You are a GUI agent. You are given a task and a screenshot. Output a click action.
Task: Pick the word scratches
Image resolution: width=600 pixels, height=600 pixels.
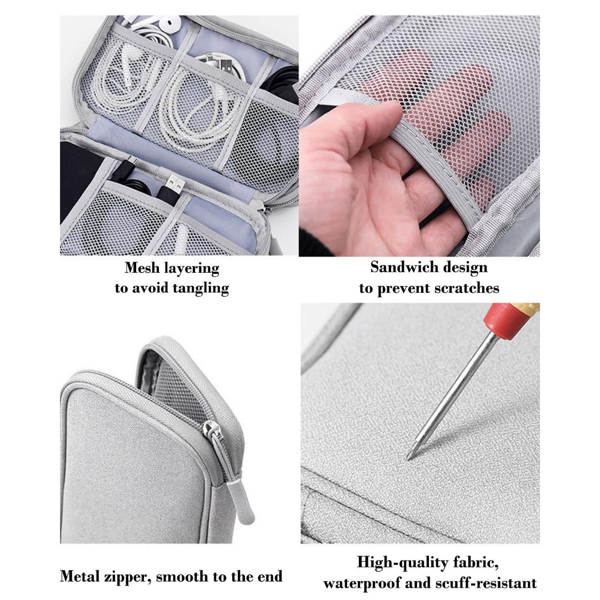pos(468,288)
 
